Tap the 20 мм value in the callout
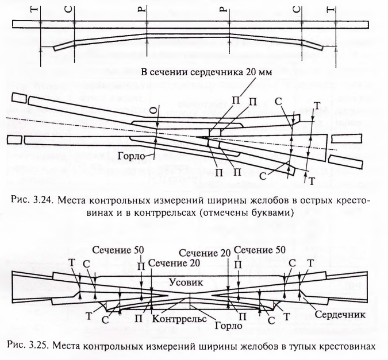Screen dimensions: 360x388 click(265, 72)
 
